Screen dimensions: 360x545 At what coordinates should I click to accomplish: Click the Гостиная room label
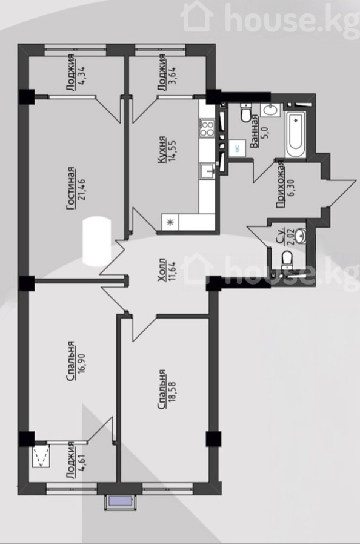71,188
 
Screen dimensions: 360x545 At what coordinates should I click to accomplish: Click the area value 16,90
82,361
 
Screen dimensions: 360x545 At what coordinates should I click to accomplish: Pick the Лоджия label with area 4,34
71,73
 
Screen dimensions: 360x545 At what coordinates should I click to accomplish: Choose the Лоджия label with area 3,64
161,73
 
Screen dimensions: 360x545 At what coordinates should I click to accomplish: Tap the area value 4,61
82,460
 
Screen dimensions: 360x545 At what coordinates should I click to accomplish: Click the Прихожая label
281,185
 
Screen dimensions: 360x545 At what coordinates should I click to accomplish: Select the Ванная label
255,131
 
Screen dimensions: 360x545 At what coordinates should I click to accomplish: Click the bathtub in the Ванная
296,134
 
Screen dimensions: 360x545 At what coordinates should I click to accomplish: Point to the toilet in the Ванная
246,112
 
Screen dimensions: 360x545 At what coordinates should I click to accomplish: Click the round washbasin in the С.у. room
300,236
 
